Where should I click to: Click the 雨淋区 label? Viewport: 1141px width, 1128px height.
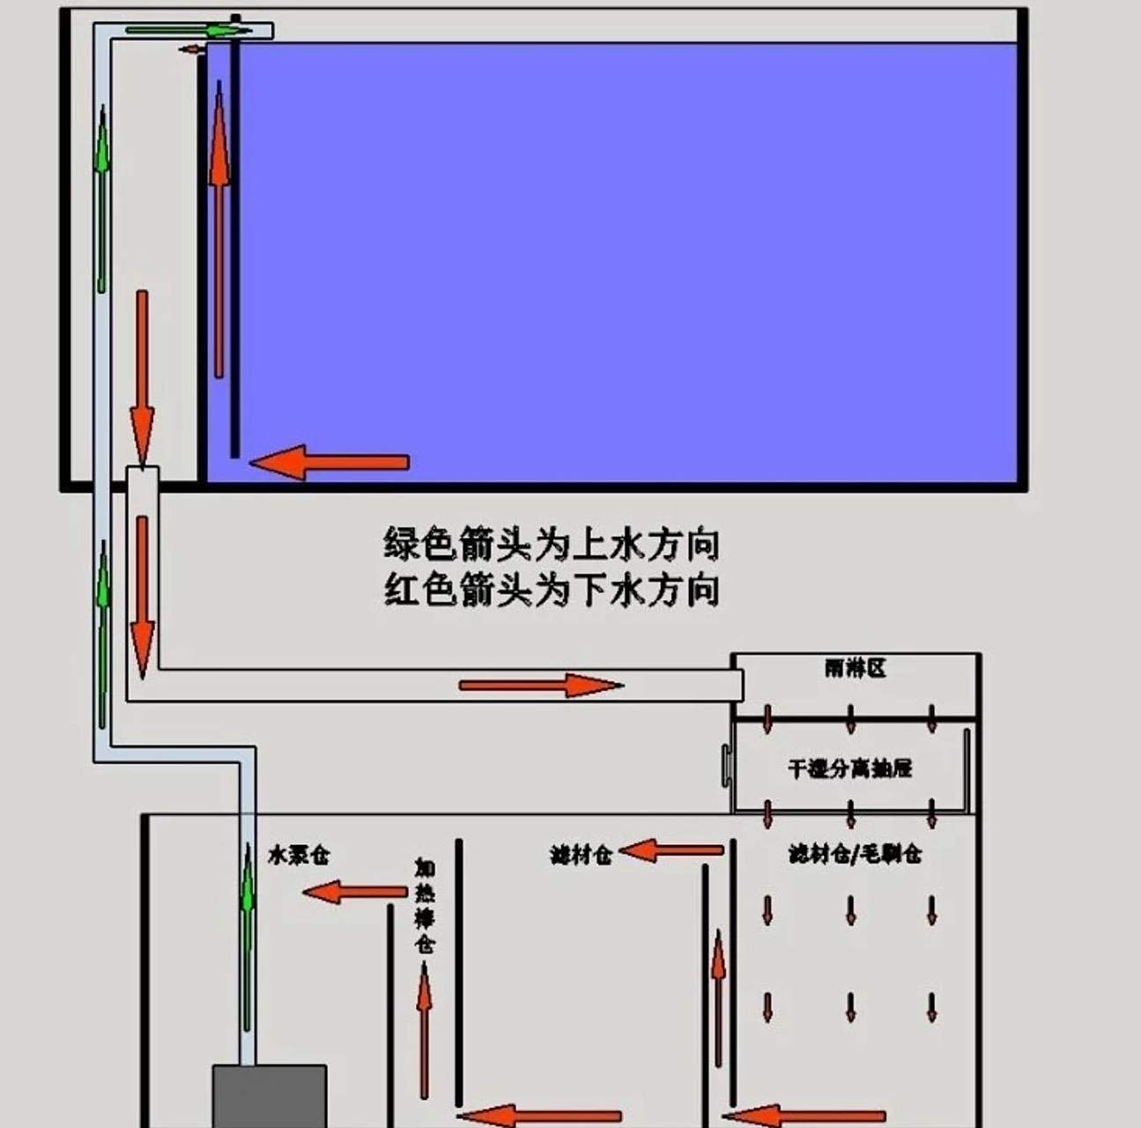tap(855, 669)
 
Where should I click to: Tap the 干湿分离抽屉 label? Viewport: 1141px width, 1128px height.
tap(849, 768)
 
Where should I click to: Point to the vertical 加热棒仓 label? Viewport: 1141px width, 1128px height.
tap(425, 906)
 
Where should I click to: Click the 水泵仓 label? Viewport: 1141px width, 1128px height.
tap(299, 855)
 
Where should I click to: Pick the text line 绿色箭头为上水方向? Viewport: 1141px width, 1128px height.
tap(552, 545)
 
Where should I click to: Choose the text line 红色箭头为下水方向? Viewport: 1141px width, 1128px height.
tap(552, 589)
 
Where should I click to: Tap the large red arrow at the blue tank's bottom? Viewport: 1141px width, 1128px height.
tap(330, 463)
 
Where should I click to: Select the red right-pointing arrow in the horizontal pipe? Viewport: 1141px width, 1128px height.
tap(541, 685)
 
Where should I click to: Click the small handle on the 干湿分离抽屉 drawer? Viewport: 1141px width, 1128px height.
tap(725, 766)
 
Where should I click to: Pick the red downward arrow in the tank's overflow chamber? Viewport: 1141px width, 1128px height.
tap(142, 379)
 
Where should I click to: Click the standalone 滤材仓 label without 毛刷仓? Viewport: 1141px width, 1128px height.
tap(581, 855)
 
